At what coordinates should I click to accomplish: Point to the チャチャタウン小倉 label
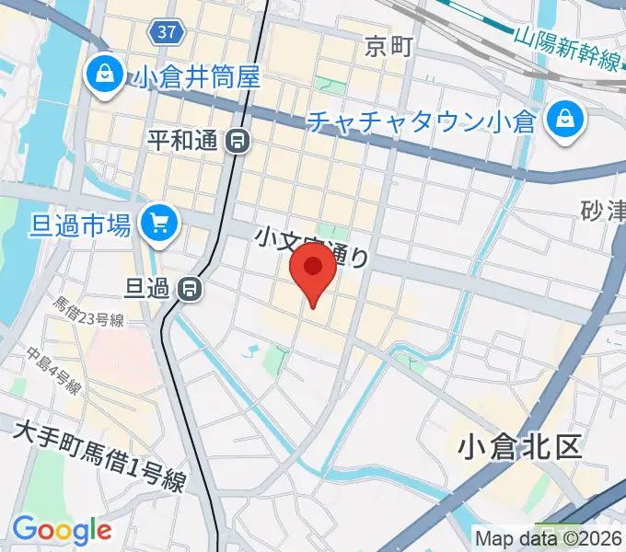tap(423, 121)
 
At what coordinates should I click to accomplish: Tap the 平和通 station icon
tap(238, 141)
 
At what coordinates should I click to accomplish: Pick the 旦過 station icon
tap(191, 289)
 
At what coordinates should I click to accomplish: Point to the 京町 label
tap(388, 45)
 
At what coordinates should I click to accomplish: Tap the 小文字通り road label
tap(313, 247)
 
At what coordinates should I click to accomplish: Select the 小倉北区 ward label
tap(520, 447)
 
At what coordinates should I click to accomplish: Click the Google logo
tap(62, 529)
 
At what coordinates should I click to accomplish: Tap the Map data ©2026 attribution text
tap(549, 537)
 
